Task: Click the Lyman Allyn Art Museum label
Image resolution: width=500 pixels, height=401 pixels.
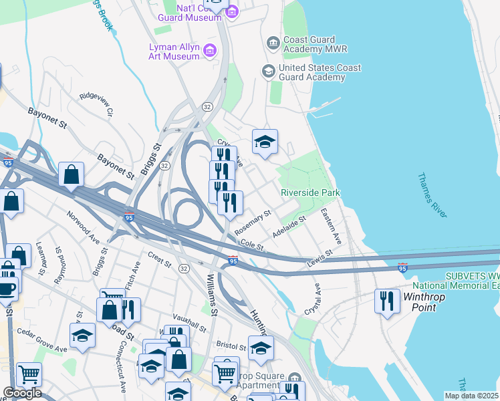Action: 174,51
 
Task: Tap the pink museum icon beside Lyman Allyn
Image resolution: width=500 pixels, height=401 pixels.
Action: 209,49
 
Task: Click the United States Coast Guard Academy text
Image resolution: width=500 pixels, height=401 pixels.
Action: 320,72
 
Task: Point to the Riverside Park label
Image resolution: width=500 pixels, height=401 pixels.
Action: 310,192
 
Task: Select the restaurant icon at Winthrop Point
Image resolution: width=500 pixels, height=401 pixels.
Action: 386,300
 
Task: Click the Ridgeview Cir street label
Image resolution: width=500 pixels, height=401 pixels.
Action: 97,104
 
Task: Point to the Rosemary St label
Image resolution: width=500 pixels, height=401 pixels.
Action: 253,222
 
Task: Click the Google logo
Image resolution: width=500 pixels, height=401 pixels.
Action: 21,393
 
